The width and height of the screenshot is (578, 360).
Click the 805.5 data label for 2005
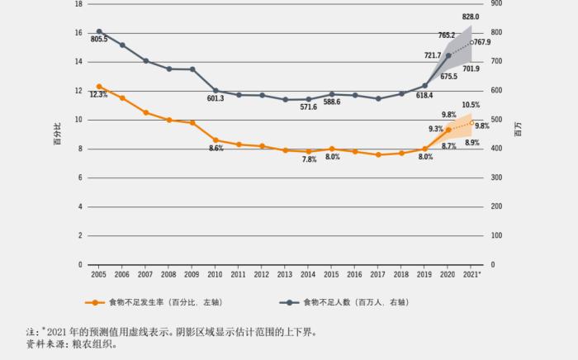point(99,39)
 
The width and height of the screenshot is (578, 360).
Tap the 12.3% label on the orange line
point(99,95)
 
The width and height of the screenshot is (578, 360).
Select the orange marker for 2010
point(216,140)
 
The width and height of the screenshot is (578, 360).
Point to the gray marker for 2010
point(216,91)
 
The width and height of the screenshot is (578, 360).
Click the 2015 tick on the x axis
point(331,273)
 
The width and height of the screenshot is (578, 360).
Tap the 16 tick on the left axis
point(78,33)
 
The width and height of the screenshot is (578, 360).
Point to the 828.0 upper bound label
point(471,17)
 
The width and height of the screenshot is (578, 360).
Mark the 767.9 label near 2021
point(482,42)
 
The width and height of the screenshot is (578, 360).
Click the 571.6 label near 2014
point(309,107)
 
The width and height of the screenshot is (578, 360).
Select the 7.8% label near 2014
point(309,159)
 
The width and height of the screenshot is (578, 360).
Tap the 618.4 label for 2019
point(424,96)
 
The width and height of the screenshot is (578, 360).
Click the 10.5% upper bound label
point(471,105)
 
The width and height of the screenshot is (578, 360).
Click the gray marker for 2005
point(99,31)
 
